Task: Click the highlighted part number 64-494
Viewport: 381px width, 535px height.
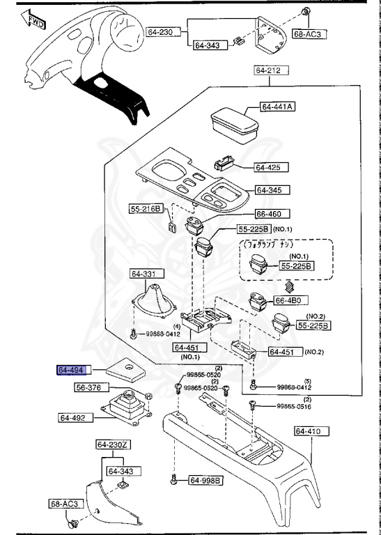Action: tap(70, 370)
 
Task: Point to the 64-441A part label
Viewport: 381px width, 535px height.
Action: tap(277, 107)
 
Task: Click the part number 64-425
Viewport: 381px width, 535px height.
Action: tap(267, 167)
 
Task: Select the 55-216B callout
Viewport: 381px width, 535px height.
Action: tap(146, 208)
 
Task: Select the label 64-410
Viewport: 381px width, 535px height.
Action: tap(307, 431)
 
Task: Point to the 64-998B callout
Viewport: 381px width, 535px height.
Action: tap(205, 480)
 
